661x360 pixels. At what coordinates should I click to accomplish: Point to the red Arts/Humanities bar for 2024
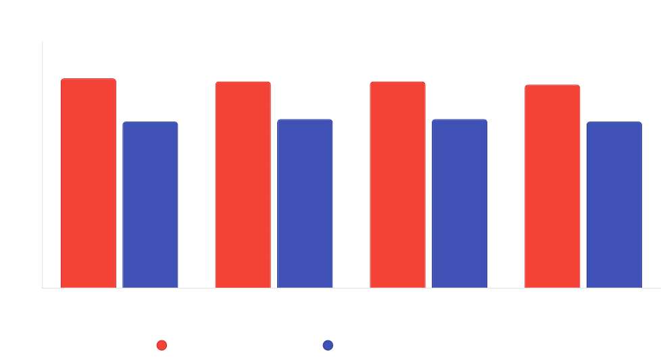[x=552, y=186]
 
